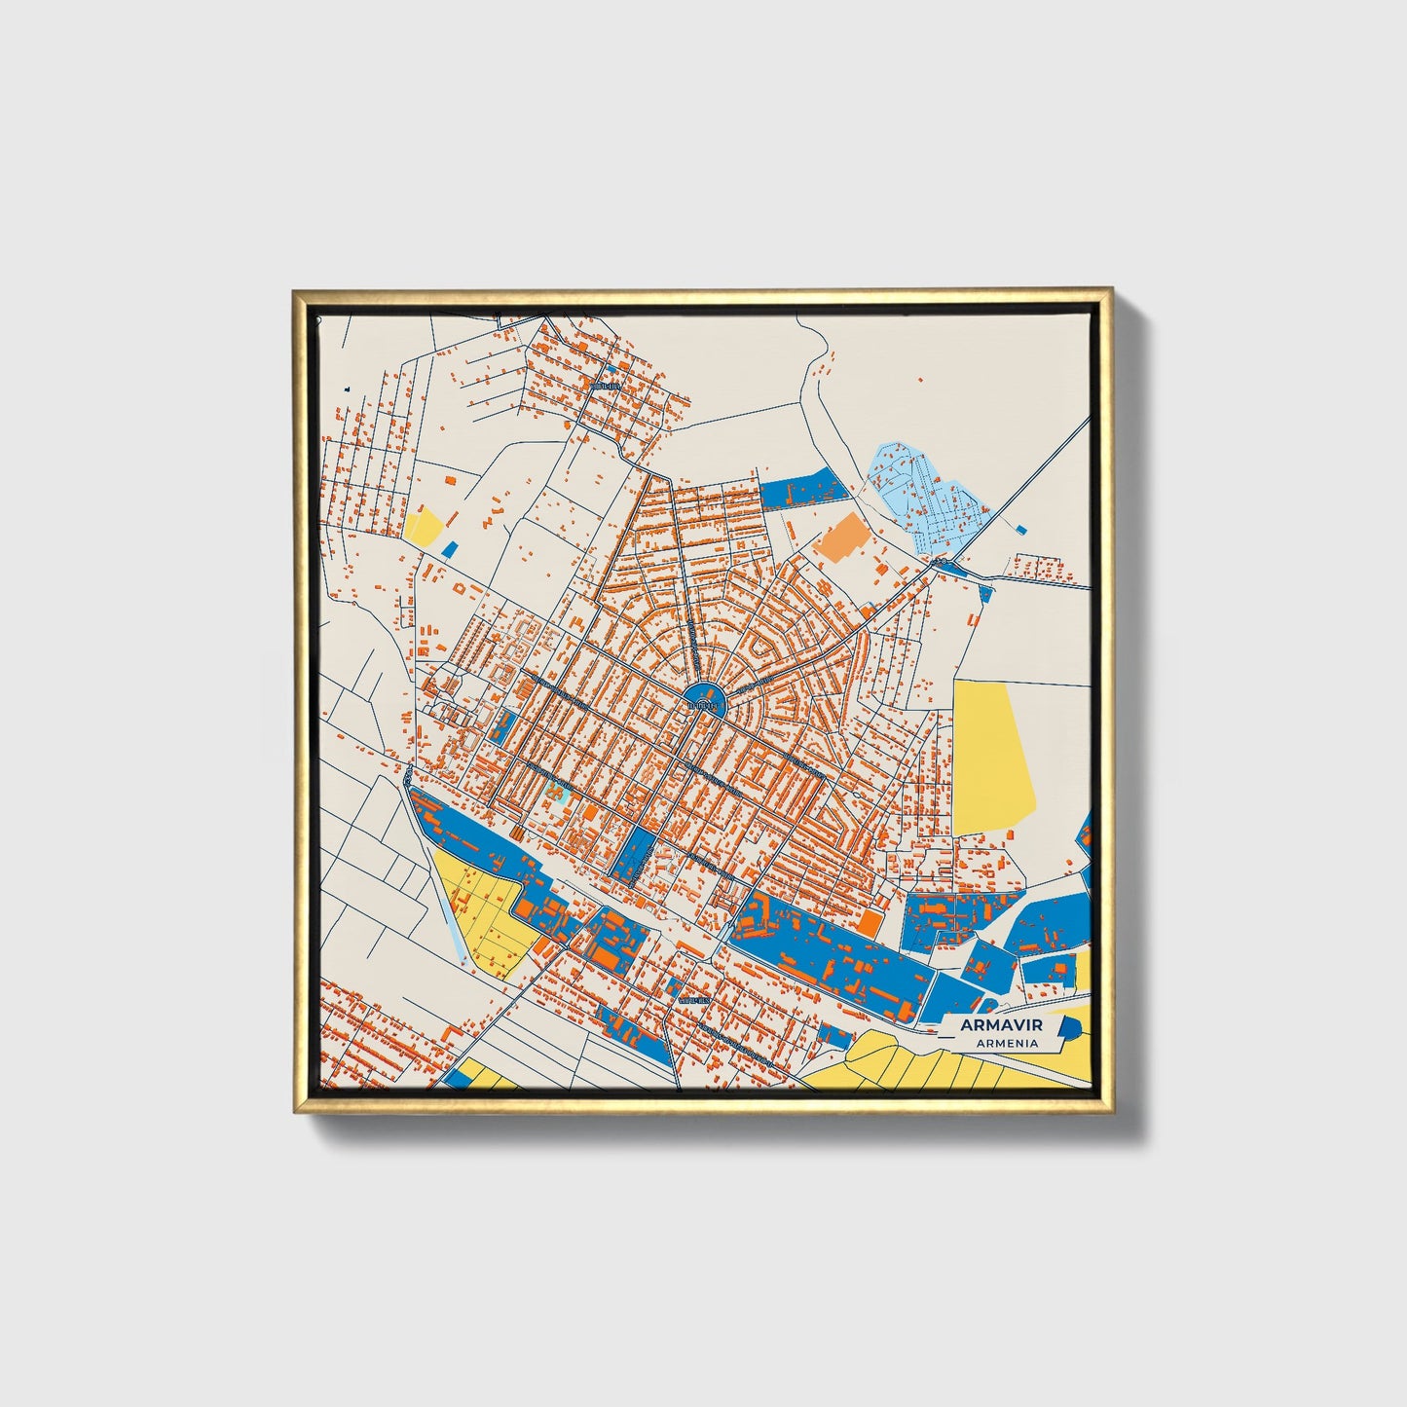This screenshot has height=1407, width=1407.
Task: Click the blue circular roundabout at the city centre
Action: pos(703,699)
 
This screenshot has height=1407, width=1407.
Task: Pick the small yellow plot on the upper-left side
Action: pos(425,527)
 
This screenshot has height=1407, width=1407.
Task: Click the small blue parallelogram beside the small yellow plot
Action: pos(449,548)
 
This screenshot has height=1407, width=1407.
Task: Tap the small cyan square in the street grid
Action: pos(559,790)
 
